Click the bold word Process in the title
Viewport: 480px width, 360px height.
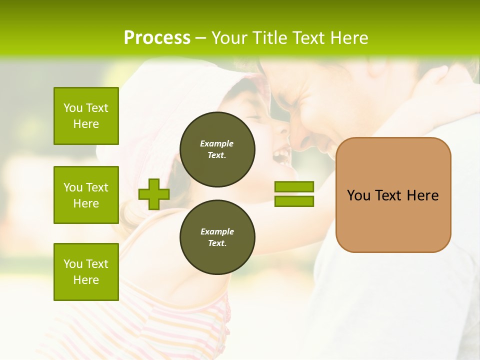pyautogui.click(x=157, y=38)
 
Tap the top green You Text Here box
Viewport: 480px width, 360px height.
pyautogui.click(x=86, y=116)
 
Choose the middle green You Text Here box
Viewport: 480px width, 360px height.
pyautogui.click(x=86, y=195)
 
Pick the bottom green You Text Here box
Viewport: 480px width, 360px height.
pyautogui.click(x=86, y=272)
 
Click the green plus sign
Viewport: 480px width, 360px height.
pyautogui.click(x=154, y=194)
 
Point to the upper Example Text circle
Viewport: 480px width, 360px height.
pyautogui.click(x=217, y=149)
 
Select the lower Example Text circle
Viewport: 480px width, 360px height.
pyautogui.click(x=217, y=237)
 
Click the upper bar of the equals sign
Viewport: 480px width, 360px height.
pyautogui.click(x=294, y=186)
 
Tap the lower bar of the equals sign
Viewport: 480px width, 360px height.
pyautogui.click(x=294, y=201)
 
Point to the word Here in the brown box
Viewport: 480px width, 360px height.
pyautogui.click(x=422, y=195)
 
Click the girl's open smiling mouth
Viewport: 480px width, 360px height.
pyautogui.click(x=281, y=155)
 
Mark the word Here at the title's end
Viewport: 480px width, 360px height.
pyautogui.click(x=348, y=38)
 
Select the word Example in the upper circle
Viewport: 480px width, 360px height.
pyautogui.click(x=217, y=143)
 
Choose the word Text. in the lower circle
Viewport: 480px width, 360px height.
pyautogui.click(x=217, y=243)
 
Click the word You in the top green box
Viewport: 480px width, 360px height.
pyautogui.click(x=72, y=108)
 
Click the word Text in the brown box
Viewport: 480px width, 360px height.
pyautogui.click(x=388, y=195)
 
